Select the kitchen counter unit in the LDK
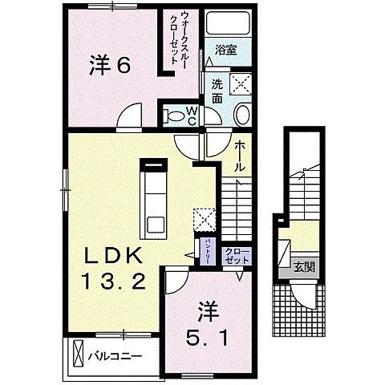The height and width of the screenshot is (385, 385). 153,201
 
